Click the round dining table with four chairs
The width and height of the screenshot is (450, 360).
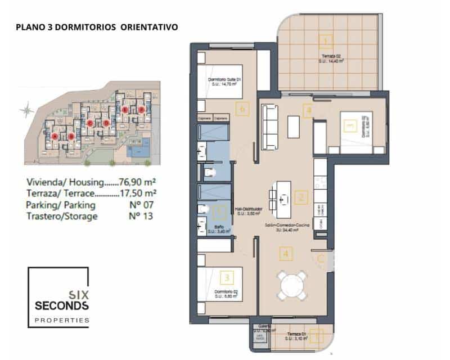click(x=291, y=285)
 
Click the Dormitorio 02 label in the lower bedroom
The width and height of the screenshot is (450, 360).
click(x=227, y=292)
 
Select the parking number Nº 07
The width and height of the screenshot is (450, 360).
click(x=141, y=205)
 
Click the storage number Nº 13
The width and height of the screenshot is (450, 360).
click(x=141, y=216)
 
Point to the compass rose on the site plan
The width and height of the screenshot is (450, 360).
click(x=26, y=111)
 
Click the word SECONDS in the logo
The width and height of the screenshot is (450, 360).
click(x=61, y=305)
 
